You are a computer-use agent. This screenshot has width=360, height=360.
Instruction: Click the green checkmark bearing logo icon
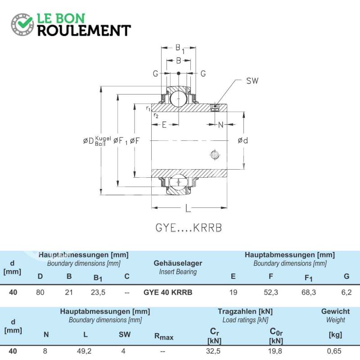pyautogui.click(x=22, y=25)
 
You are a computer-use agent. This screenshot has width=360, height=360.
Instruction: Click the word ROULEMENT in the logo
pyautogui.click(x=84, y=31)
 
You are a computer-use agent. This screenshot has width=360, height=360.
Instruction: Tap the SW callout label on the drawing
pyautogui.click(x=252, y=81)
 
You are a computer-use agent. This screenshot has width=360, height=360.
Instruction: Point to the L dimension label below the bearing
pyautogui.click(x=188, y=208)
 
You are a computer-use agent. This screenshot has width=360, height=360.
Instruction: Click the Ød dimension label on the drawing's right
pyautogui.click(x=243, y=140)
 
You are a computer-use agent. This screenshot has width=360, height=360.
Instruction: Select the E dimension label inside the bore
pyautogui.click(x=164, y=125)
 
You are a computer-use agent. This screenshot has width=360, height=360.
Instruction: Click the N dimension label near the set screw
pyautogui.click(x=220, y=125)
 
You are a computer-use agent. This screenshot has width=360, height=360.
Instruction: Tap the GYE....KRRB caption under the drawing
pyautogui.click(x=189, y=228)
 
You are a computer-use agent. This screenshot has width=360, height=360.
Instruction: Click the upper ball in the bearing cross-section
pyautogui.click(x=179, y=99)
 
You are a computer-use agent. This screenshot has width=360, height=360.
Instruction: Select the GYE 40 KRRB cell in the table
pyautogui.click(x=168, y=292)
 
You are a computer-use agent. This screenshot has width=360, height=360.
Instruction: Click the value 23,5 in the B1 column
pyautogui.click(x=98, y=292)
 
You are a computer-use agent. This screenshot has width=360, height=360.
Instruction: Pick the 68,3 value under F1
pyautogui.click(x=309, y=292)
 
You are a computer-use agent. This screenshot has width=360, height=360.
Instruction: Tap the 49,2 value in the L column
pyautogui.click(x=84, y=351)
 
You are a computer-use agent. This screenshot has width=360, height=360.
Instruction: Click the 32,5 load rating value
pyautogui.click(x=213, y=351)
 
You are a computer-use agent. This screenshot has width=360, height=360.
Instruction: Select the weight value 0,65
pyautogui.click(x=334, y=351)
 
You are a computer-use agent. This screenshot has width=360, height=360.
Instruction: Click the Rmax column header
pyautogui.click(x=164, y=337)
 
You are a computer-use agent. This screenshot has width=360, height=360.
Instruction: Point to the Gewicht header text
pyautogui.click(x=335, y=311)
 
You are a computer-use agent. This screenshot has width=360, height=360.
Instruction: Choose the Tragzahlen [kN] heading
pyautogui.click(x=245, y=311)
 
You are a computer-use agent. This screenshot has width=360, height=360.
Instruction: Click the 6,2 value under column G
pyautogui.click(x=346, y=292)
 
